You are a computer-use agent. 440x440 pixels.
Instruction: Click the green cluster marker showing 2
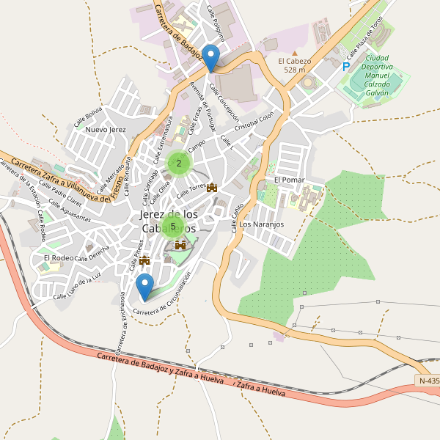click(179, 164)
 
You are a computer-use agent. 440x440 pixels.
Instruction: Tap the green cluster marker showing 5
click(173, 226)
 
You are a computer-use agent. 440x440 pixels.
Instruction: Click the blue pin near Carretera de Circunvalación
click(144, 287)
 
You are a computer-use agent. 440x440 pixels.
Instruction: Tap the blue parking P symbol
click(345, 67)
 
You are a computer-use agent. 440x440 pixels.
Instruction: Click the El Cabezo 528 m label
click(294, 65)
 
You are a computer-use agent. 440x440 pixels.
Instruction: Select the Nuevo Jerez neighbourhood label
click(106, 130)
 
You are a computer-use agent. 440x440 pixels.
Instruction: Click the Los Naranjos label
click(261, 224)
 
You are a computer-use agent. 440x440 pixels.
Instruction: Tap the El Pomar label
click(288, 180)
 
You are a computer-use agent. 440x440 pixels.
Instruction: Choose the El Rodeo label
click(58, 258)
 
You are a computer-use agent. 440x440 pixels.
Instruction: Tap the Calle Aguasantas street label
click(71, 213)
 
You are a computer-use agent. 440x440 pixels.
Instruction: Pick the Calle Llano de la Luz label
click(76, 287)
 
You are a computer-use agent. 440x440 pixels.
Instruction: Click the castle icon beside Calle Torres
click(213, 188)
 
